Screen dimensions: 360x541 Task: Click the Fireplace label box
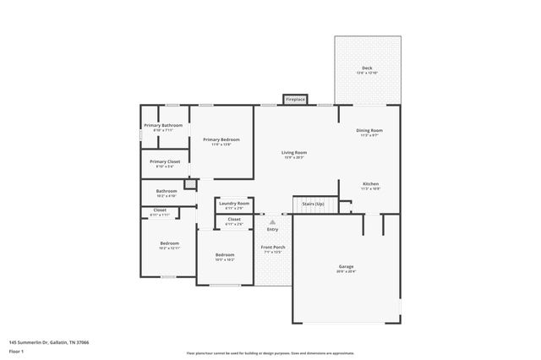coord(295,99)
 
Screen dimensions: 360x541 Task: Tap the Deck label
coord(367,68)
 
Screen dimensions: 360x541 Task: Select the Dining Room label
coord(371,130)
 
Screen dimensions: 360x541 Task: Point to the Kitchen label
coord(370,183)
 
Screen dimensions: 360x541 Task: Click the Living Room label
coord(293,152)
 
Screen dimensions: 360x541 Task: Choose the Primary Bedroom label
coord(221,139)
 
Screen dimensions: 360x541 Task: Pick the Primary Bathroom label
coord(162,125)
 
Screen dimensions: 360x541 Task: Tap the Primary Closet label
coord(165,161)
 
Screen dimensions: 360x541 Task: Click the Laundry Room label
coord(233,203)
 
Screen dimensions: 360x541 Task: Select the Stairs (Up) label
coord(308,204)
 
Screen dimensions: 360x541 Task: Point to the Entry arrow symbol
coord(272,222)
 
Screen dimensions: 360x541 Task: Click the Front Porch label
coord(272,247)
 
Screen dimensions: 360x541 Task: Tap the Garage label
coord(347,266)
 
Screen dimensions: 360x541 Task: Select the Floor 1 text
coord(16,351)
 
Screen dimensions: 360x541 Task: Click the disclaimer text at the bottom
coord(270,353)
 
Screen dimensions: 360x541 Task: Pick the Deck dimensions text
coord(367,74)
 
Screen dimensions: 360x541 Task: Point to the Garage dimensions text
coord(347,271)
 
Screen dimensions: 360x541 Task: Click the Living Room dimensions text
coord(293,157)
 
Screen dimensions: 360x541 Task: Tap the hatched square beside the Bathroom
coord(191,183)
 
